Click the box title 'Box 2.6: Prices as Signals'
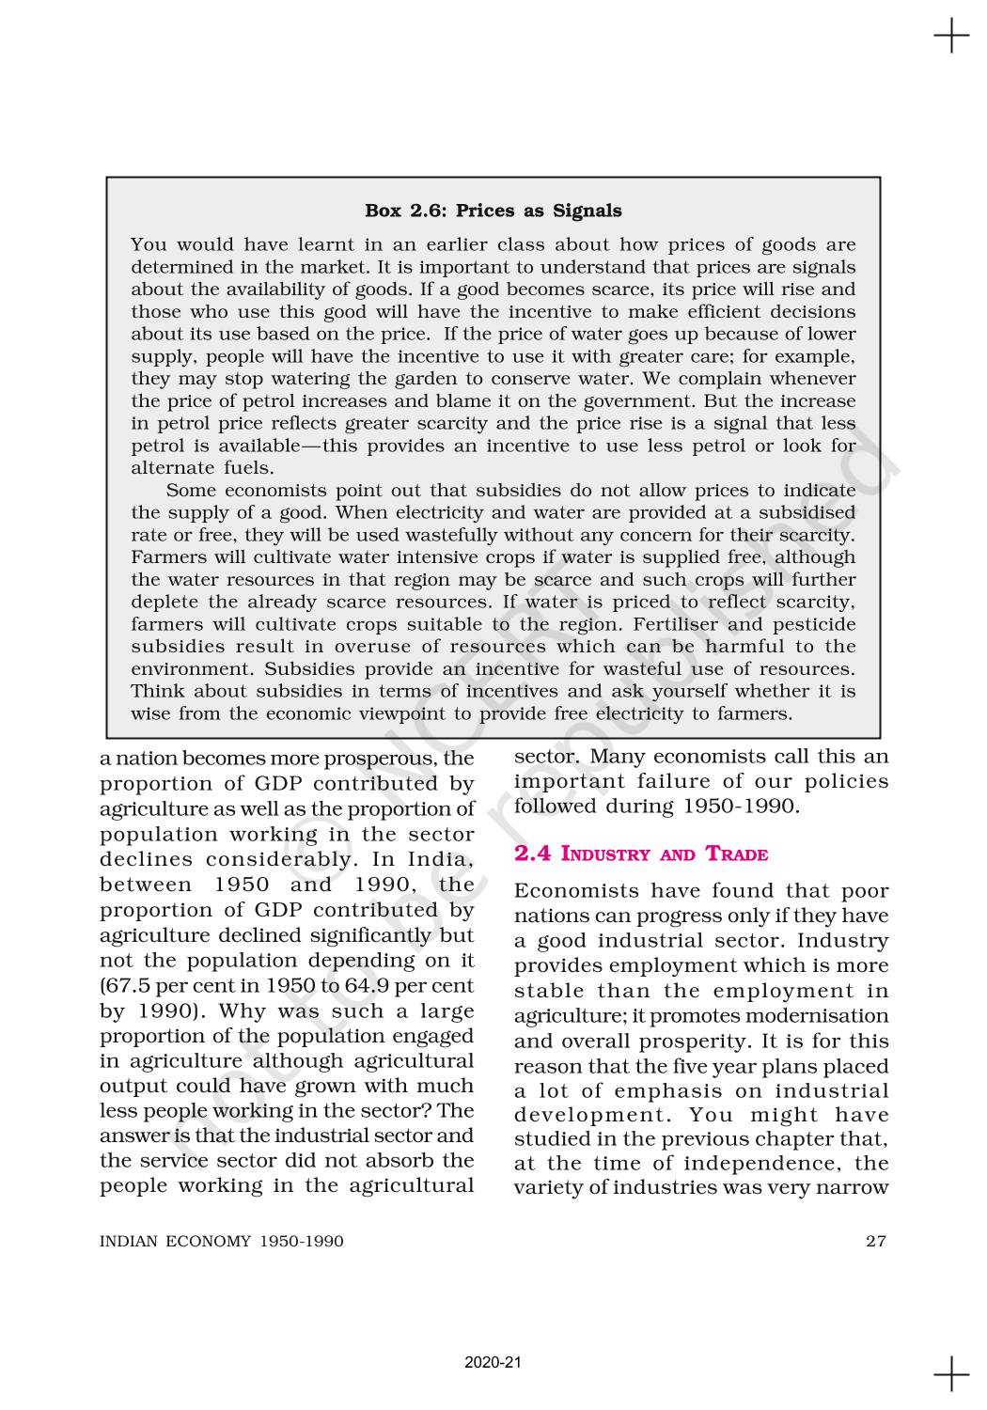[493, 211]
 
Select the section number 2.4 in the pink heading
[533, 854]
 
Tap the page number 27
[875, 1241]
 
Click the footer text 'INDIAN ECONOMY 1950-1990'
[222, 1241]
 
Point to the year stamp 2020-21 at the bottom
[493, 1362]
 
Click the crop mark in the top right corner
[951, 37]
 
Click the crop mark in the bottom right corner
[951, 1373]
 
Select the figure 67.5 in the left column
[125, 986]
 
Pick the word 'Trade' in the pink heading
[737, 854]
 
